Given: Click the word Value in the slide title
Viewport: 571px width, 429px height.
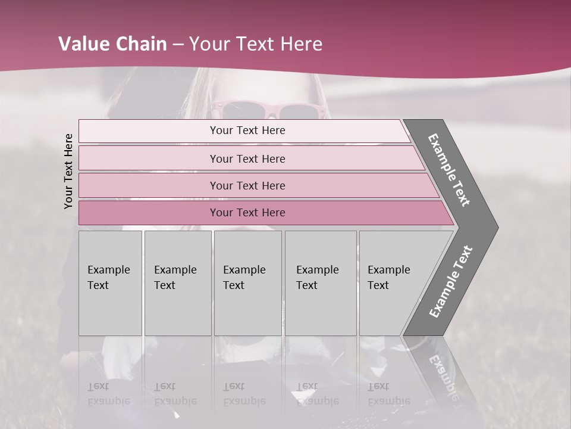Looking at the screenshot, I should [81, 44].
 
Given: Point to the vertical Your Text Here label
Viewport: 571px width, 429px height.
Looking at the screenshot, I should [68, 171].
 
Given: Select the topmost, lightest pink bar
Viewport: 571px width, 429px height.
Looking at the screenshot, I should [247, 130].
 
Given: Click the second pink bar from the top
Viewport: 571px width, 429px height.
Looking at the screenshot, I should [247, 158].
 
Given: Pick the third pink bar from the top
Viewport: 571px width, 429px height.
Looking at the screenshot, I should [247, 185].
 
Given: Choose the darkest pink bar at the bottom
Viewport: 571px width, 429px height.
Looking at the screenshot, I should [247, 213].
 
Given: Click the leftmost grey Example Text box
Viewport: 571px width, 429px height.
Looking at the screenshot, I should [110, 283].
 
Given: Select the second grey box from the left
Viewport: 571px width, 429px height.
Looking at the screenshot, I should [177, 283].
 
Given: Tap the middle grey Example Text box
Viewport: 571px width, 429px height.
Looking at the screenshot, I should [247, 283].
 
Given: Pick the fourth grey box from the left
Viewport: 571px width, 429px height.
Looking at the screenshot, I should [321, 283].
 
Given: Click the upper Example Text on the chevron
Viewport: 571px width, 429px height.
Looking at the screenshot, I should [449, 170].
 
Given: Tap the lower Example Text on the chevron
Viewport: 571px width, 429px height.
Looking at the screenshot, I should [451, 281].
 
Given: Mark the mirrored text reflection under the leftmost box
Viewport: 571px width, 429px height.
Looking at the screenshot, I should [108, 394].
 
